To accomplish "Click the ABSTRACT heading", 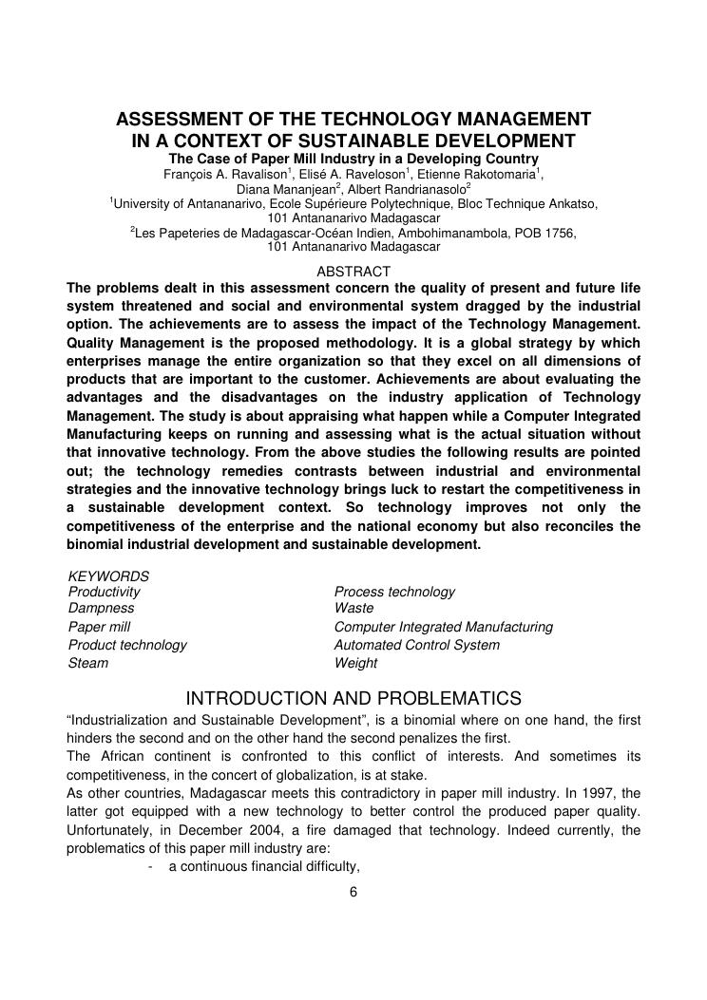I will point(353,272).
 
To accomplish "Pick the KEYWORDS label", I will point(108,576).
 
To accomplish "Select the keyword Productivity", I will point(105,592).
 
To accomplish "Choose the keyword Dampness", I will point(102,608).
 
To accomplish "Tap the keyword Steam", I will point(88,663).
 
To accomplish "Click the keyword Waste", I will point(354,608).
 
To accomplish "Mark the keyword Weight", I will point(356,663).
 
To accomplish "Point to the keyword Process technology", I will point(394,592).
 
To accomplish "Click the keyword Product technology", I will point(127,645).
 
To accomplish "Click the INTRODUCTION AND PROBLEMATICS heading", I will point(353,699).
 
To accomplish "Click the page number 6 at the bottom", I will point(353,892).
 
